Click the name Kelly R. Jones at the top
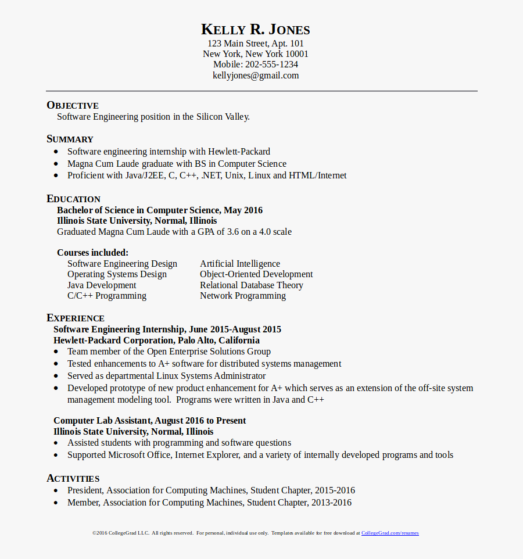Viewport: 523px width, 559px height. pyautogui.click(x=256, y=30)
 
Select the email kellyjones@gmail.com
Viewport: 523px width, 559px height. pyautogui.click(x=256, y=76)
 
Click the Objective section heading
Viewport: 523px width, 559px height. pyautogui.click(x=73, y=105)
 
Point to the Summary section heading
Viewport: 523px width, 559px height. pyautogui.click(x=70, y=139)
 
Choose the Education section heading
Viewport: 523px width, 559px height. pyautogui.click(x=73, y=199)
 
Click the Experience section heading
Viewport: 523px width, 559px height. pyautogui.click(x=76, y=318)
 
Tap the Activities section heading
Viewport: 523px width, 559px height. pyautogui.click(x=73, y=478)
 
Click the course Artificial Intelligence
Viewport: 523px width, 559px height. pyautogui.click(x=240, y=264)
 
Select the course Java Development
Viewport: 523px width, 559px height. pyautogui.click(x=102, y=285)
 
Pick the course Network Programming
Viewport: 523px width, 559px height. pyautogui.click(x=243, y=296)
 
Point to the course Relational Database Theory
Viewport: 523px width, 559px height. pyautogui.click(x=252, y=285)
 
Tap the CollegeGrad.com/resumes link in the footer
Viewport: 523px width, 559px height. pyautogui.click(x=390, y=533)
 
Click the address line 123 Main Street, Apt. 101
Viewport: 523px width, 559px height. pyautogui.click(x=256, y=44)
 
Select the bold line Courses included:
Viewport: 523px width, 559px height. pyautogui.click(x=93, y=253)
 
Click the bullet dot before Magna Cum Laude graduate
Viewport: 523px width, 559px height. pyautogui.click(x=56, y=164)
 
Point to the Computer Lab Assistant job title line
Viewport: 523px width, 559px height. pyautogui.click(x=149, y=421)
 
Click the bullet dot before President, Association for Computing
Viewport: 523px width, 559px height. pyautogui.click(x=56, y=490)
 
